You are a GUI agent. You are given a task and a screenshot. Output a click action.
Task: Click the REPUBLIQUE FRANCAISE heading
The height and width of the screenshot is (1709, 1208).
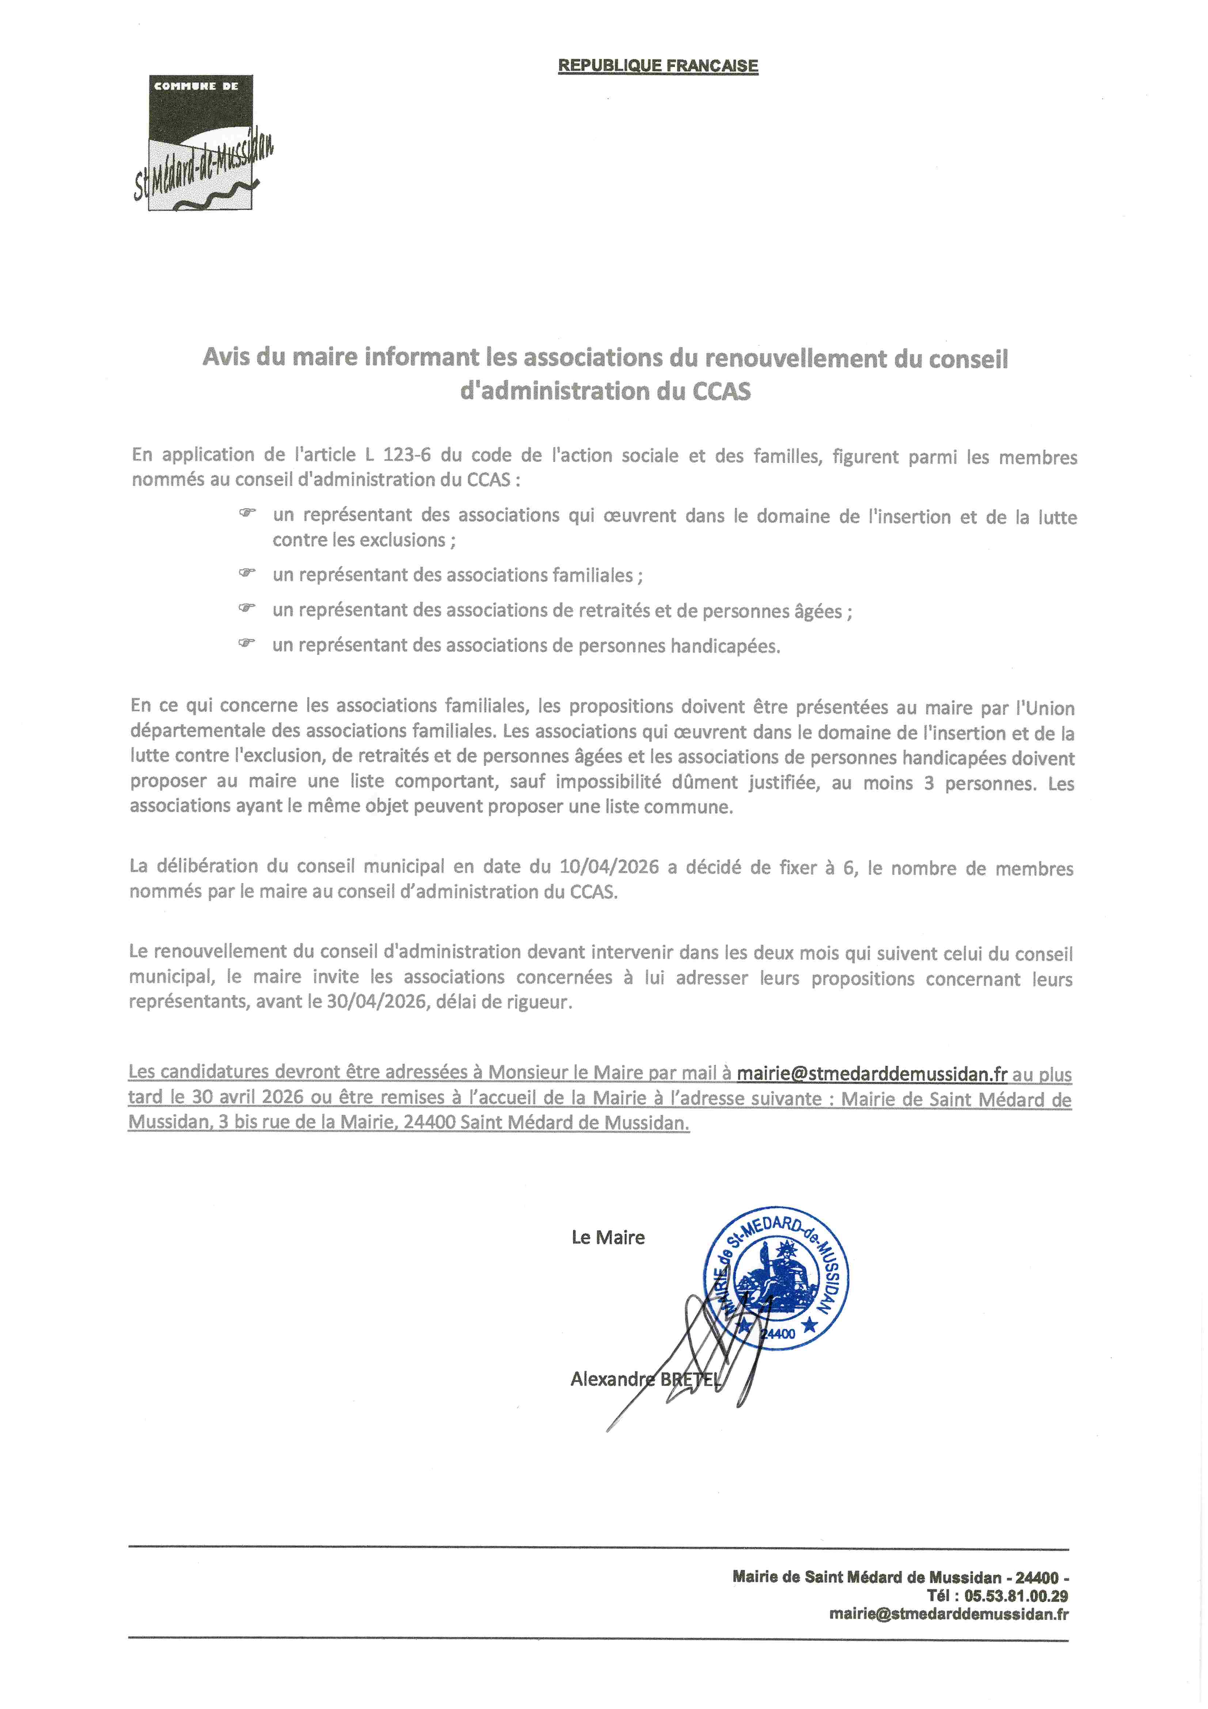coord(658,65)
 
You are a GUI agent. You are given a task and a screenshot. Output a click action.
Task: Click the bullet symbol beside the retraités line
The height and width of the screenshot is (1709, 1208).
coord(246,608)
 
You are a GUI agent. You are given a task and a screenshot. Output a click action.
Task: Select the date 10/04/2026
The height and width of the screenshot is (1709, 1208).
coord(609,867)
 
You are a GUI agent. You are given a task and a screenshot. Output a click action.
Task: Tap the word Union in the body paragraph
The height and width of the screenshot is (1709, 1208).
coord(1049,707)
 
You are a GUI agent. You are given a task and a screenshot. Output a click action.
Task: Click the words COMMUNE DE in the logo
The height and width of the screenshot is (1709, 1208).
coord(196,86)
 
